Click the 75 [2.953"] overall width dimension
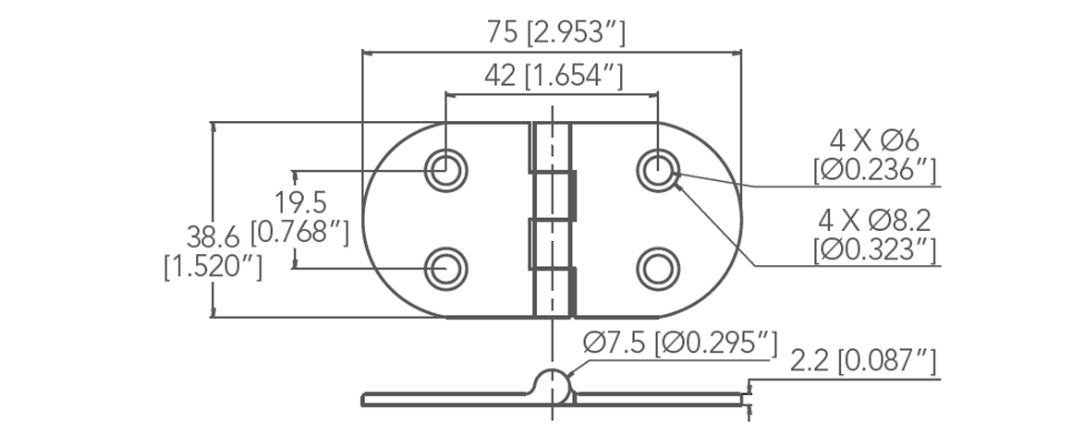[557, 33]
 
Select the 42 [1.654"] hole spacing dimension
[552, 77]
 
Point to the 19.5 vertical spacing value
[300, 201]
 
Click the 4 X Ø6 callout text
[873, 141]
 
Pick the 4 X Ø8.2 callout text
[873, 220]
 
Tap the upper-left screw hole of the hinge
[446, 169]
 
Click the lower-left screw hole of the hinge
[446, 268]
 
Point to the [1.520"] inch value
[213, 268]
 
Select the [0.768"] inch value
[300, 233]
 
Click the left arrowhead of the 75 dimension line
[367, 54]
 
